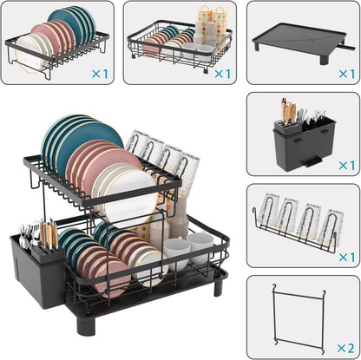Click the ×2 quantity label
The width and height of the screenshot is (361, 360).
point(345,348)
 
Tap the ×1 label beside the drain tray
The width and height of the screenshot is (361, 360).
point(347,74)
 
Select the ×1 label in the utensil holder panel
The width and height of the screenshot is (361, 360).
point(347,166)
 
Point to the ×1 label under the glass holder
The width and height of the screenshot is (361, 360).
point(347,257)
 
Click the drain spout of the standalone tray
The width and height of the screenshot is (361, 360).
point(347,47)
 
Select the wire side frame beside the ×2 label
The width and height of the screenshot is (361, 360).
point(299,318)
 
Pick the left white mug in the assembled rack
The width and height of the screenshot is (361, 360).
point(177,254)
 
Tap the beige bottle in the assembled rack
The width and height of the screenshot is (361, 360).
point(180,217)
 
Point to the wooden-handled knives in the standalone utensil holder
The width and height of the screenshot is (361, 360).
point(289,111)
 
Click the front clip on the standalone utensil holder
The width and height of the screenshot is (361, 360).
point(312,162)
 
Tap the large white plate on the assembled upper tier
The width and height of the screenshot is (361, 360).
point(130,197)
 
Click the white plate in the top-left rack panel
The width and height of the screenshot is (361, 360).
point(30,55)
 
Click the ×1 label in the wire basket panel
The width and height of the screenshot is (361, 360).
point(222,74)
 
